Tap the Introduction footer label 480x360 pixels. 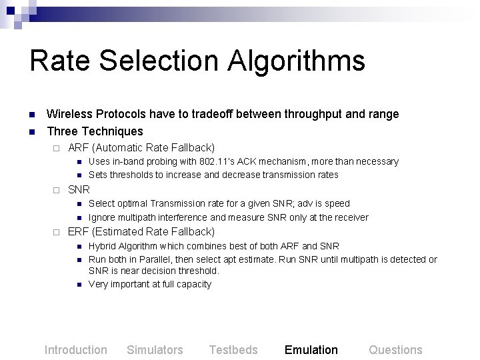coord(75,350)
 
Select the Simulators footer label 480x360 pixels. coord(155,350)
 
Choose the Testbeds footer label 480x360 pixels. coord(233,350)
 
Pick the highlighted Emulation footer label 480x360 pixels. coord(311,350)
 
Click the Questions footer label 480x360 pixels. coord(395,350)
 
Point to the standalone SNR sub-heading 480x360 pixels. coord(79,189)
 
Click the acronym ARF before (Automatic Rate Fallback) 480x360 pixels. coord(79,147)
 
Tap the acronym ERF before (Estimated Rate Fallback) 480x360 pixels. coord(79,231)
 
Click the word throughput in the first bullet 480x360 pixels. coord(309,114)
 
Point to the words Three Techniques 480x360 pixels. coord(95,131)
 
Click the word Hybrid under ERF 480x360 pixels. coord(102,246)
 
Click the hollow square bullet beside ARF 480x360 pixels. coord(57,147)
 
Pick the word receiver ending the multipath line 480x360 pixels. coord(351,217)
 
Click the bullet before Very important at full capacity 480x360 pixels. coord(79,285)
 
